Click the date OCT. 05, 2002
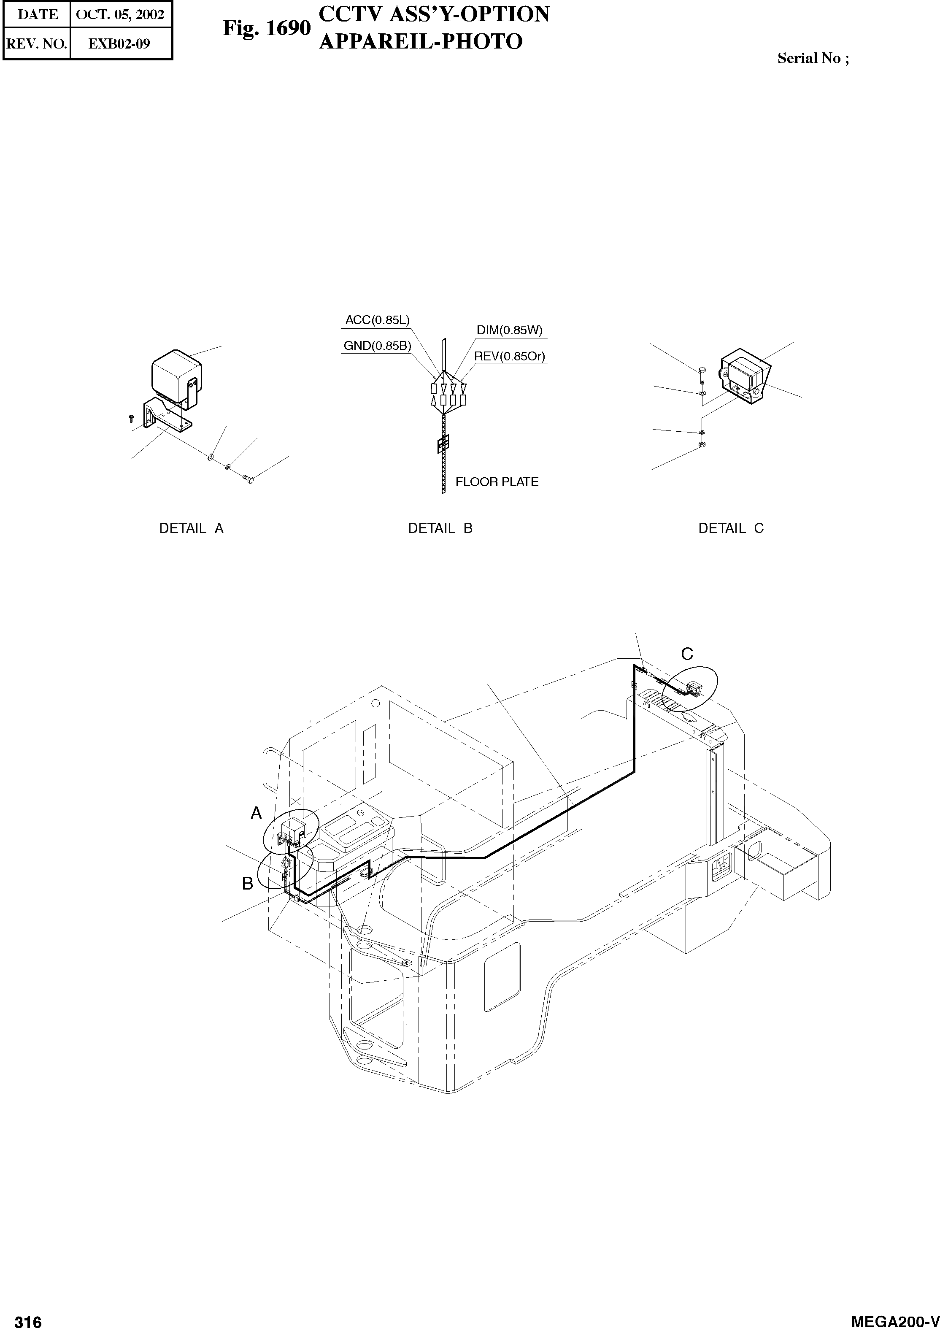[x=120, y=14]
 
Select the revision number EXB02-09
[x=119, y=44]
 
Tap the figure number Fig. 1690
[x=267, y=28]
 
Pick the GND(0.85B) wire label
[x=377, y=346]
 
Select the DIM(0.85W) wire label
[x=509, y=330]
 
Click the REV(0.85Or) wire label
[x=509, y=357]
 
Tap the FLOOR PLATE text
[x=497, y=482]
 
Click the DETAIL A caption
[x=191, y=528]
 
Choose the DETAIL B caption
[x=440, y=528]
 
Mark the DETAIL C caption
[x=731, y=528]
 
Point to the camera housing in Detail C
[x=743, y=375]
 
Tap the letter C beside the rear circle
[x=687, y=654]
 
